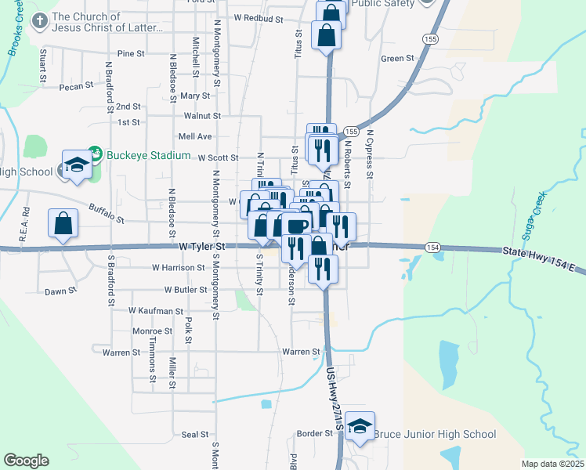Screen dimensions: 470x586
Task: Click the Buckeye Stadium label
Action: tap(148, 155)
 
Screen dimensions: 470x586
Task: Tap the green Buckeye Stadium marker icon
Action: tap(95, 150)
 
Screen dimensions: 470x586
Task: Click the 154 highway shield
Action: tap(433, 247)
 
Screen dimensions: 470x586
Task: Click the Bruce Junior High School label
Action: tap(435, 434)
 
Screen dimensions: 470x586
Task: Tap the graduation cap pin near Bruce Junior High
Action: tap(360, 427)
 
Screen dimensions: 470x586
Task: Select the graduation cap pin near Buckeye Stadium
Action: tap(76, 165)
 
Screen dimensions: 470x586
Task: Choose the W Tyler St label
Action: tap(202, 246)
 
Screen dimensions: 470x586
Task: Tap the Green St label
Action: tap(396, 59)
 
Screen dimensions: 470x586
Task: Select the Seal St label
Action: tap(194, 434)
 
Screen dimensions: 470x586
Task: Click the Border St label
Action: tap(316, 433)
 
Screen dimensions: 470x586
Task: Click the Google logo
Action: tap(26, 461)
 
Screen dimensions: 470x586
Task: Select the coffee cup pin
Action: tap(297, 227)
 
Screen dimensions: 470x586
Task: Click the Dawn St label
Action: tap(60, 290)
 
